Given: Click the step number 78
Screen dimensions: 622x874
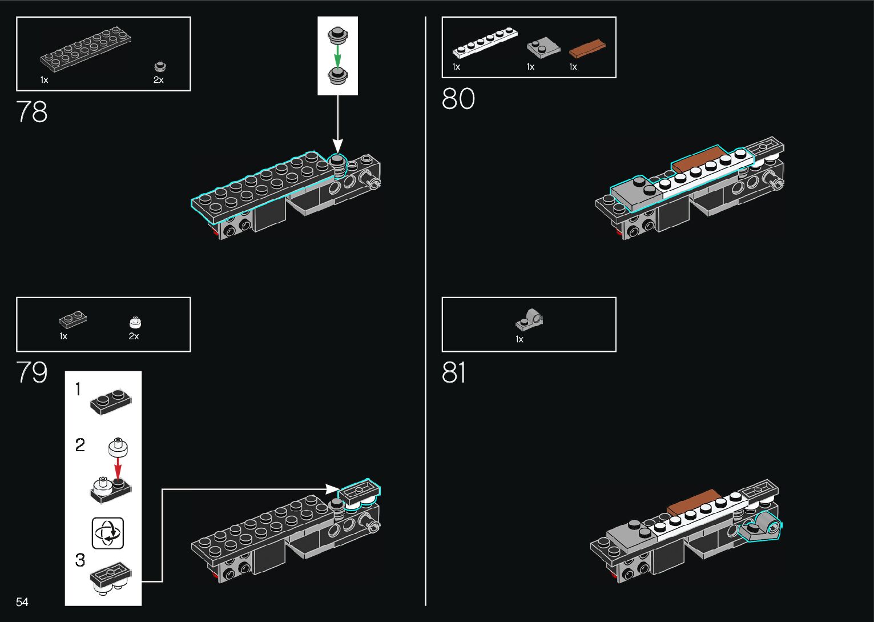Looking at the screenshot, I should (x=32, y=112).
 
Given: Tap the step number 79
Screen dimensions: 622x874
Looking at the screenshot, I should (x=32, y=372).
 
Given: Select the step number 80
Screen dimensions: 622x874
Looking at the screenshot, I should (x=458, y=99).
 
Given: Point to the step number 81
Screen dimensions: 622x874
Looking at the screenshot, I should (x=454, y=372).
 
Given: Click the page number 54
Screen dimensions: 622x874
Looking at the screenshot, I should (x=22, y=601).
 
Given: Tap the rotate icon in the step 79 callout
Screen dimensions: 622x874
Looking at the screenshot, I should (x=108, y=533).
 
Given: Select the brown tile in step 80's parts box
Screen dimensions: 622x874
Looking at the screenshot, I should (x=587, y=49).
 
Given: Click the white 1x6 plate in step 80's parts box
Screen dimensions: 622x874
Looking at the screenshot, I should (x=485, y=43).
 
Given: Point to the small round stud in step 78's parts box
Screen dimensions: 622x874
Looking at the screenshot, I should (x=160, y=66).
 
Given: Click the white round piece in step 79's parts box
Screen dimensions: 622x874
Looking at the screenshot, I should (x=135, y=323).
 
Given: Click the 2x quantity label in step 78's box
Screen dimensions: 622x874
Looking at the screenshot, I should (x=158, y=80).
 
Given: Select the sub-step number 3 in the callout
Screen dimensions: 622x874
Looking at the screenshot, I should (x=80, y=560).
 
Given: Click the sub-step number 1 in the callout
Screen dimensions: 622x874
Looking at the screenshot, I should (x=78, y=390).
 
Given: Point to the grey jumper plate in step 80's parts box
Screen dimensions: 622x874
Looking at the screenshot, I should (x=539, y=48).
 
